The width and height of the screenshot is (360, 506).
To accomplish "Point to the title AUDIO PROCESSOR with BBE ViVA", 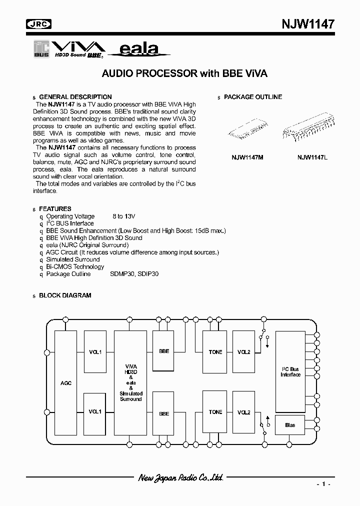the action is point(184,73).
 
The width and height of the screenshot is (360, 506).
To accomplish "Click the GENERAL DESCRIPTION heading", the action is point(75,97).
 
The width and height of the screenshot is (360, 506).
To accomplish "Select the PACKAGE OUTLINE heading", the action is point(252,97).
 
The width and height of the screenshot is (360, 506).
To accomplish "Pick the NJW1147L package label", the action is point(312,157).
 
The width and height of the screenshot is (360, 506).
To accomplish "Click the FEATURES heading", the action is point(55,208).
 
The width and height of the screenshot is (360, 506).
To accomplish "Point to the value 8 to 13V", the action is point(123,216).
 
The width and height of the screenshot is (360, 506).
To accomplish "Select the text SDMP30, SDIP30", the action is point(134,274).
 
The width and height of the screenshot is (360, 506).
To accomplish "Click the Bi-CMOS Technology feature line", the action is point(75,266).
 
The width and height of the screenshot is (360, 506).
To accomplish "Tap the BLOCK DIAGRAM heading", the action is point(65,295).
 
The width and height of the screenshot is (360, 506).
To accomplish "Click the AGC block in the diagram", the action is point(65,382).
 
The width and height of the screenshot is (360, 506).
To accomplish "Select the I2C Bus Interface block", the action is point(290,372).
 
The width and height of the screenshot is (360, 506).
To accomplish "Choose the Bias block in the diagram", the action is point(290,425).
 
